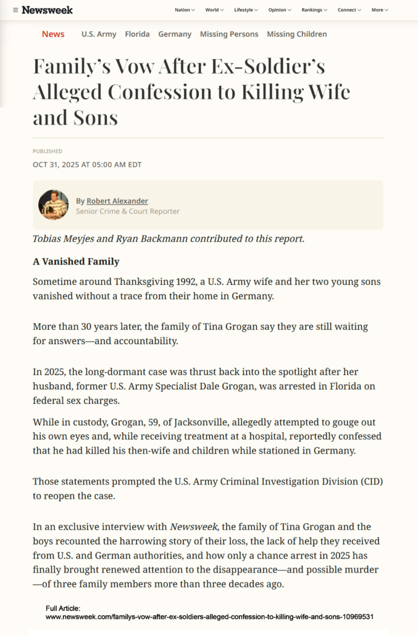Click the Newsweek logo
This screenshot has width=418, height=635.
[47, 10]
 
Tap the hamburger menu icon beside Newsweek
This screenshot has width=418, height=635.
[15, 10]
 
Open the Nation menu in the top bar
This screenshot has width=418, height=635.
[185, 10]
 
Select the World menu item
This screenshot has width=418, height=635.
[214, 10]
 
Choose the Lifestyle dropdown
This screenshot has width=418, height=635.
[246, 10]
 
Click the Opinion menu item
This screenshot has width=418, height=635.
[280, 10]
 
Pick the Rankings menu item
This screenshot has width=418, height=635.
[314, 10]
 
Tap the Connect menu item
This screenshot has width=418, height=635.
[349, 10]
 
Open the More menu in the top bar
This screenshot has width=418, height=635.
[380, 10]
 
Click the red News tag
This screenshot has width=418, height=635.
[53, 34]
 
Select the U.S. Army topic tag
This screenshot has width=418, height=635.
[99, 34]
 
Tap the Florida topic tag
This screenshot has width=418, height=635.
[137, 34]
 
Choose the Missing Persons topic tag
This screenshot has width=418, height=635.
[229, 34]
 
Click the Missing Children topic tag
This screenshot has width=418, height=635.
[297, 34]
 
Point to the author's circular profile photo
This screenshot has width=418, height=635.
[53, 205]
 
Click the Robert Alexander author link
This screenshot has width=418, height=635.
[117, 201]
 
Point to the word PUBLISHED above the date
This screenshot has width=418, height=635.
[48, 151]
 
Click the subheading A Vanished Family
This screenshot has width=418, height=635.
[76, 261]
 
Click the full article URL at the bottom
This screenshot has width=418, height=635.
[209, 617]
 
